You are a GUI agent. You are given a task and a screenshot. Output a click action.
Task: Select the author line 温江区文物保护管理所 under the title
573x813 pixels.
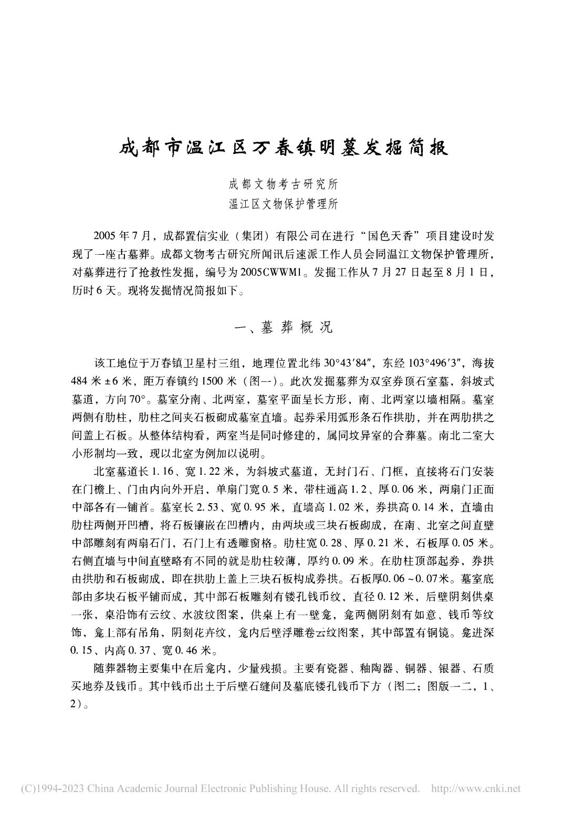[x=283, y=204]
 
